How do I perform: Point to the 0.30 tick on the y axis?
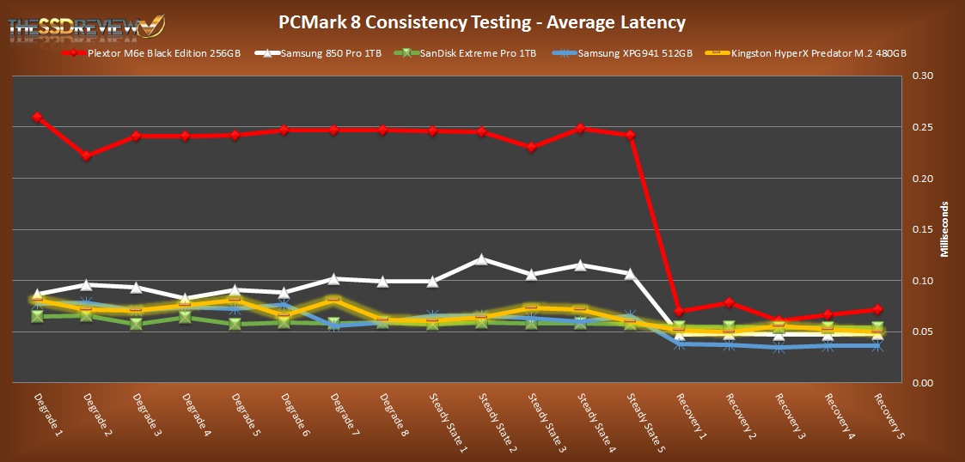click(x=920, y=76)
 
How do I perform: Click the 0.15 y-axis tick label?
click(x=920, y=229)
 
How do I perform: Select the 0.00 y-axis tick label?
click(x=920, y=383)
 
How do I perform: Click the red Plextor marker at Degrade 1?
click(x=37, y=117)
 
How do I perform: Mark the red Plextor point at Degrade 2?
click(x=87, y=156)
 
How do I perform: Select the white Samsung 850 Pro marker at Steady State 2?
click(x=481, y=258)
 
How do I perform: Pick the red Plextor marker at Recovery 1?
click(x=679, y=311)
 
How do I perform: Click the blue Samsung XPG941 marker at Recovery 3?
click(x=778, y=348)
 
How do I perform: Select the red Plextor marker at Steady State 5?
click(x=630, y=135)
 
